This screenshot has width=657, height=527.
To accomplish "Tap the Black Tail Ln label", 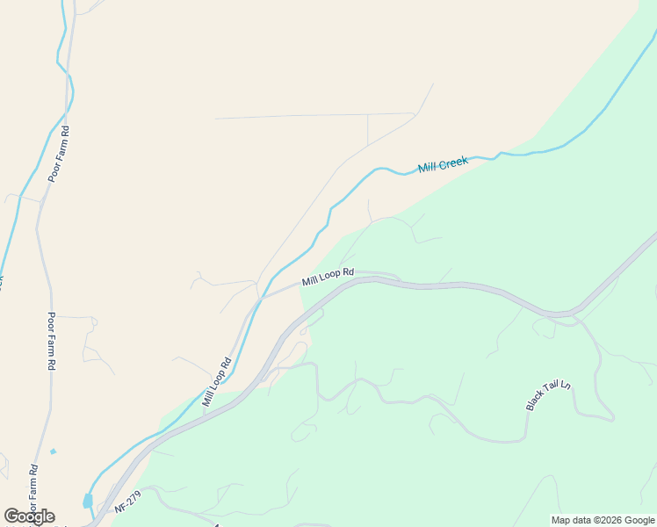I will click(x=548, y=395).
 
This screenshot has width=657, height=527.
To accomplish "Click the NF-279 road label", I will click(x=127, y=502).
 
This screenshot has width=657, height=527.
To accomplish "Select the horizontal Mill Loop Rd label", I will click(x=327, y=278).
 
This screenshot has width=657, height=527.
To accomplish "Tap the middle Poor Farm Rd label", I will click(x=52, y=341).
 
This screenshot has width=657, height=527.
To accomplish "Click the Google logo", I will click(x=29, y=516).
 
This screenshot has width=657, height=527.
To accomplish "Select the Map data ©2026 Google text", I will click(x=603, y=520).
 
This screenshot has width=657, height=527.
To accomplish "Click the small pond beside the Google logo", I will click(x=88, y=501).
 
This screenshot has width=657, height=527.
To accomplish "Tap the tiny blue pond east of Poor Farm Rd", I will click(x=54, y=451).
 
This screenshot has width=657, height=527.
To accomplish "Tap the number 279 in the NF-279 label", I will click(x=133, y=499).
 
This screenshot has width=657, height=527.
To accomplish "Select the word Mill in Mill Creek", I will click(x=427, y=167).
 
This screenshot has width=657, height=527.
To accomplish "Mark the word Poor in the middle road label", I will click(x=52, y=321).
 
